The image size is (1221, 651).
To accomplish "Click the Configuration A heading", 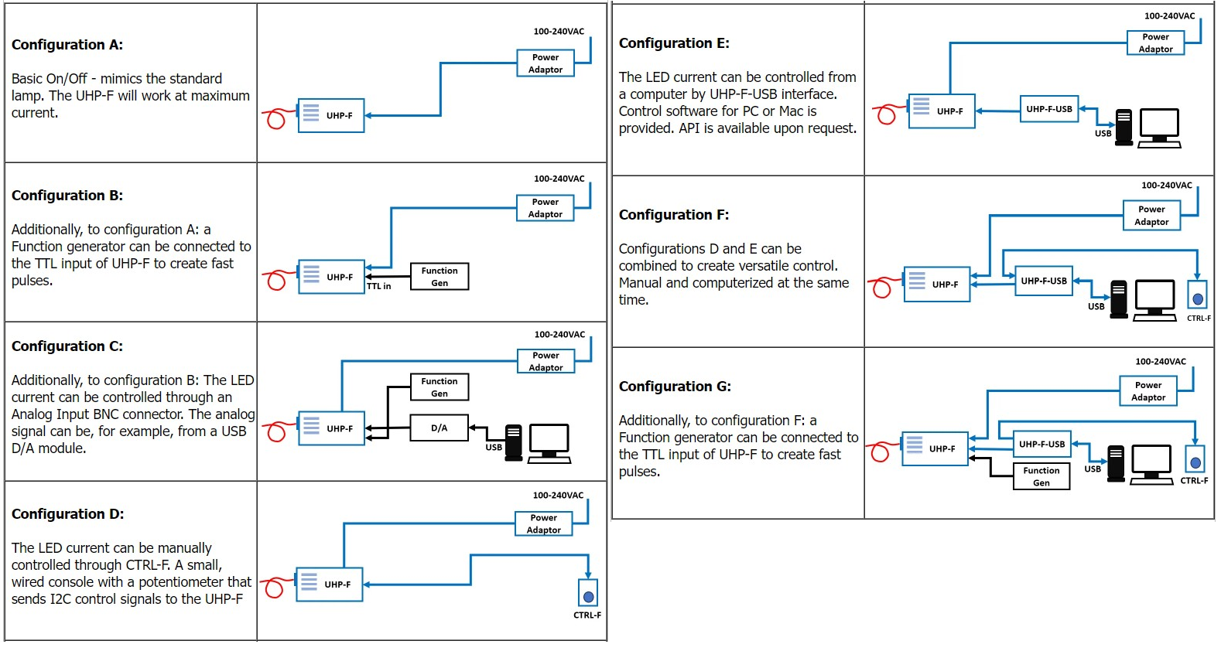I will tap(67, 45).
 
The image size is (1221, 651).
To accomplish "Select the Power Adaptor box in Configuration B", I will tap(546, 208).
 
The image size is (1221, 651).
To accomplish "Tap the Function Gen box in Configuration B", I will tap(439, 277).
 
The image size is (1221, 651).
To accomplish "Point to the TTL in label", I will tap(378, 287).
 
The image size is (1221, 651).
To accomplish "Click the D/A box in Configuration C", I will tap(439, 428).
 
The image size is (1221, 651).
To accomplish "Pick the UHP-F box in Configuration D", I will tap(330, 585).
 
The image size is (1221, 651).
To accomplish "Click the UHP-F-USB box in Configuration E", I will tap(1049, 110).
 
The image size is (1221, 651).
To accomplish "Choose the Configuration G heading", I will tap(675, 387).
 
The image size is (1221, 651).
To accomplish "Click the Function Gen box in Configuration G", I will tap(1041, 476).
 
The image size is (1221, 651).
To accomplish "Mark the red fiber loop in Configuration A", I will tap(275, 119).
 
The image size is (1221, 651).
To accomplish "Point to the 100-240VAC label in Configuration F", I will tap(1167, 186).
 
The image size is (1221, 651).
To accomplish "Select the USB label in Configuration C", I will tap(494, 448).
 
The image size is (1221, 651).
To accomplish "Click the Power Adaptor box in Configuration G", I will tap(1148, 391).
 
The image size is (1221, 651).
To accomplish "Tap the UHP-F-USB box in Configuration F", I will tap(1044, 281).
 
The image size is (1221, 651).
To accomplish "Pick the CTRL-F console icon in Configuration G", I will tap(1195, 459).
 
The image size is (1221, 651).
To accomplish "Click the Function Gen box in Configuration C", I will tap(439, 387).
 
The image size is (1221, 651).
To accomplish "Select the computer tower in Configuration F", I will tap(1119, 299).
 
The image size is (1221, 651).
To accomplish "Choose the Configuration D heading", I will tap(67, 514).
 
